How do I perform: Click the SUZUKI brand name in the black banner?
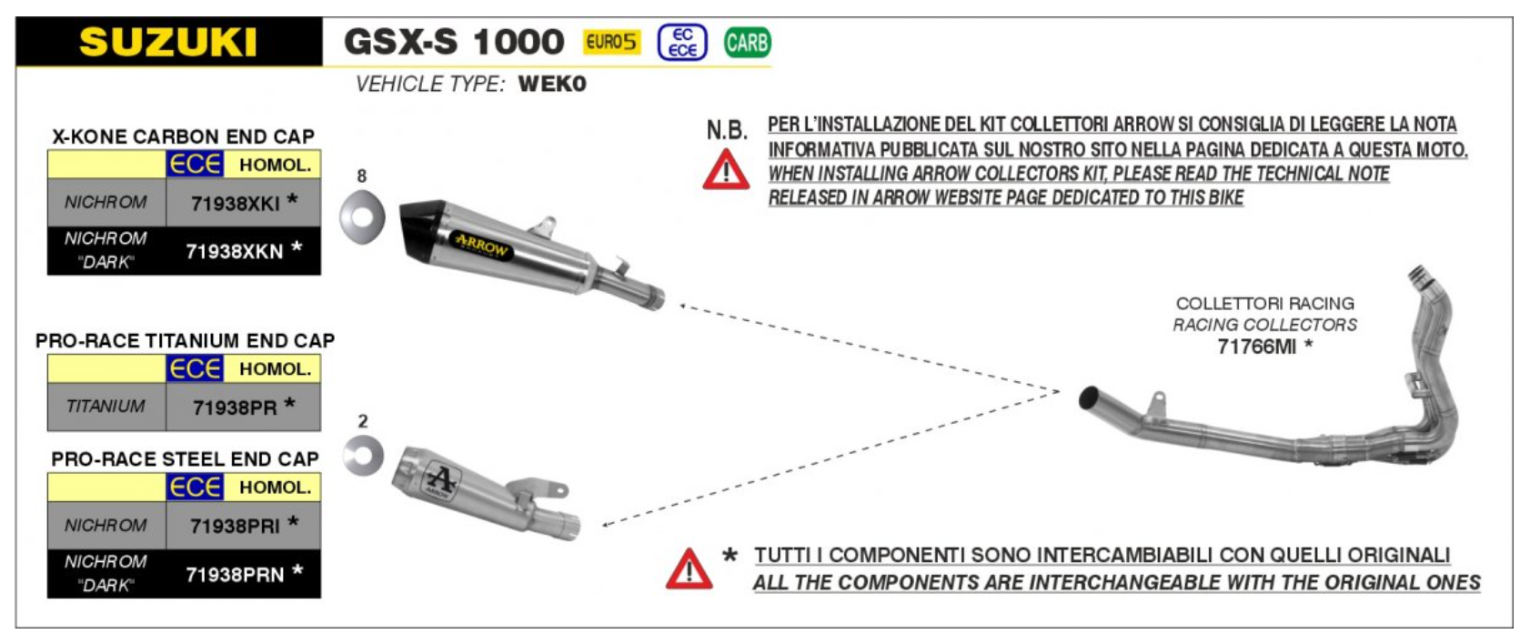(x=168, y=43)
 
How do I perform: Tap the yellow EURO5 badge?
(x=611, y=42)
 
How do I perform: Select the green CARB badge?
(x=747, y=42)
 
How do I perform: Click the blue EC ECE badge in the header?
(x=682, y=42)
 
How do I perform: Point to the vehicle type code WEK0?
(x=552, y=84)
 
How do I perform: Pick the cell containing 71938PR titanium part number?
(x=243, y=407)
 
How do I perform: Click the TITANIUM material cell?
(x=106, y=407)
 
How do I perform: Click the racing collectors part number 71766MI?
(x=1257, y=347)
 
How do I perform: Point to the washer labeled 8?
(x=362, y=217)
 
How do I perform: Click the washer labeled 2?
(x=363, y=455)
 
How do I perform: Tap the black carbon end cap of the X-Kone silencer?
(x=420, y=226)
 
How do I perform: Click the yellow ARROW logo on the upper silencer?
(x=481, y=244)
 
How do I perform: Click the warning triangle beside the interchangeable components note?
(x=689, y=569)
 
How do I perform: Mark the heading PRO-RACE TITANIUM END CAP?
(x=185, y=341)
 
